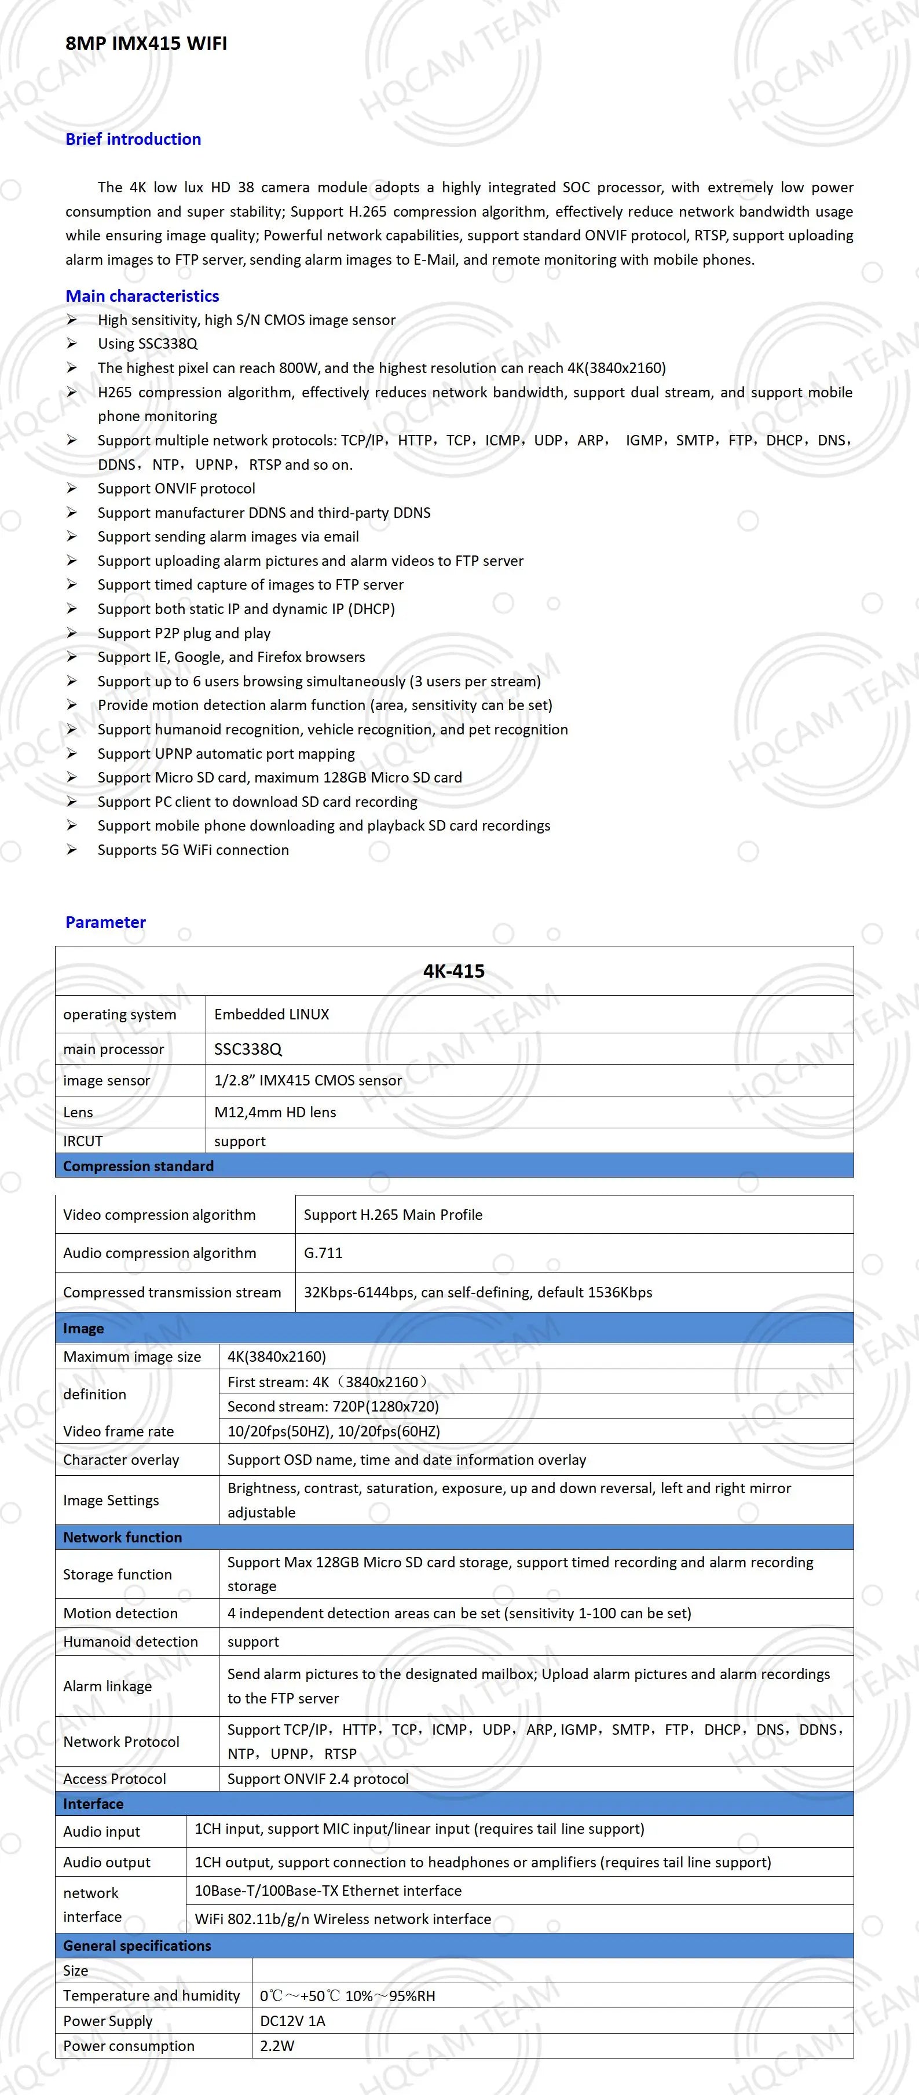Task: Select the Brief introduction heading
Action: tap(133, 139)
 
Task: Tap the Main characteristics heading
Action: tap(142, 296)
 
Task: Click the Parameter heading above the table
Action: tap(106, 922)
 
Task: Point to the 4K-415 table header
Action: tap(454, 971)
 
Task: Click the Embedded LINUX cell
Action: tap(272, 1014)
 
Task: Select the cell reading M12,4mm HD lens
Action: tap(275, 1112)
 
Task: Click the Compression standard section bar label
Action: tap(138, 1165)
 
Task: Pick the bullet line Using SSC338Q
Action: tap(147, 343)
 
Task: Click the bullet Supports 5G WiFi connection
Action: tap(193, 850)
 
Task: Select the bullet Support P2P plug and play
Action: tap(184, 632)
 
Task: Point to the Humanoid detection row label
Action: tap(130, 1641)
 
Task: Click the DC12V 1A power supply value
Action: tap(292, 2021)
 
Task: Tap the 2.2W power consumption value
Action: tap(277, 2045)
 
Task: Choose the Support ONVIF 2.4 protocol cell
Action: tap(318, 1779)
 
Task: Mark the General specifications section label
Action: tap(137, 1946)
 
